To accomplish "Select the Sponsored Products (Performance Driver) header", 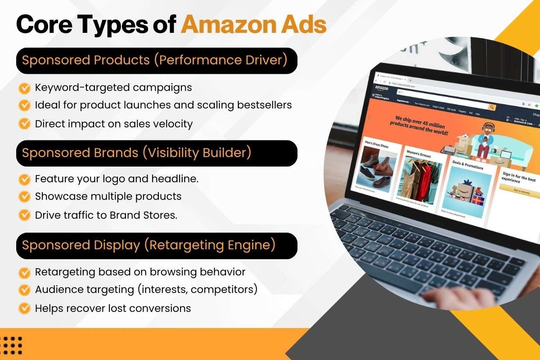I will pos(155,60).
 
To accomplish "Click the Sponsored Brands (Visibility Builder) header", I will pos(136,153).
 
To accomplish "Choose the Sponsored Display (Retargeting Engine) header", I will pos(148,245).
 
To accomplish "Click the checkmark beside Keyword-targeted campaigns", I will pos(24,87).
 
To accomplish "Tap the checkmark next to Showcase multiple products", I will pos(24,196).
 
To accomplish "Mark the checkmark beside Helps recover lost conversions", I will pos(24,308).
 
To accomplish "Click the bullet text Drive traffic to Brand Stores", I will pos(106,215).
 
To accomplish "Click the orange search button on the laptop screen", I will pos(492,108).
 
